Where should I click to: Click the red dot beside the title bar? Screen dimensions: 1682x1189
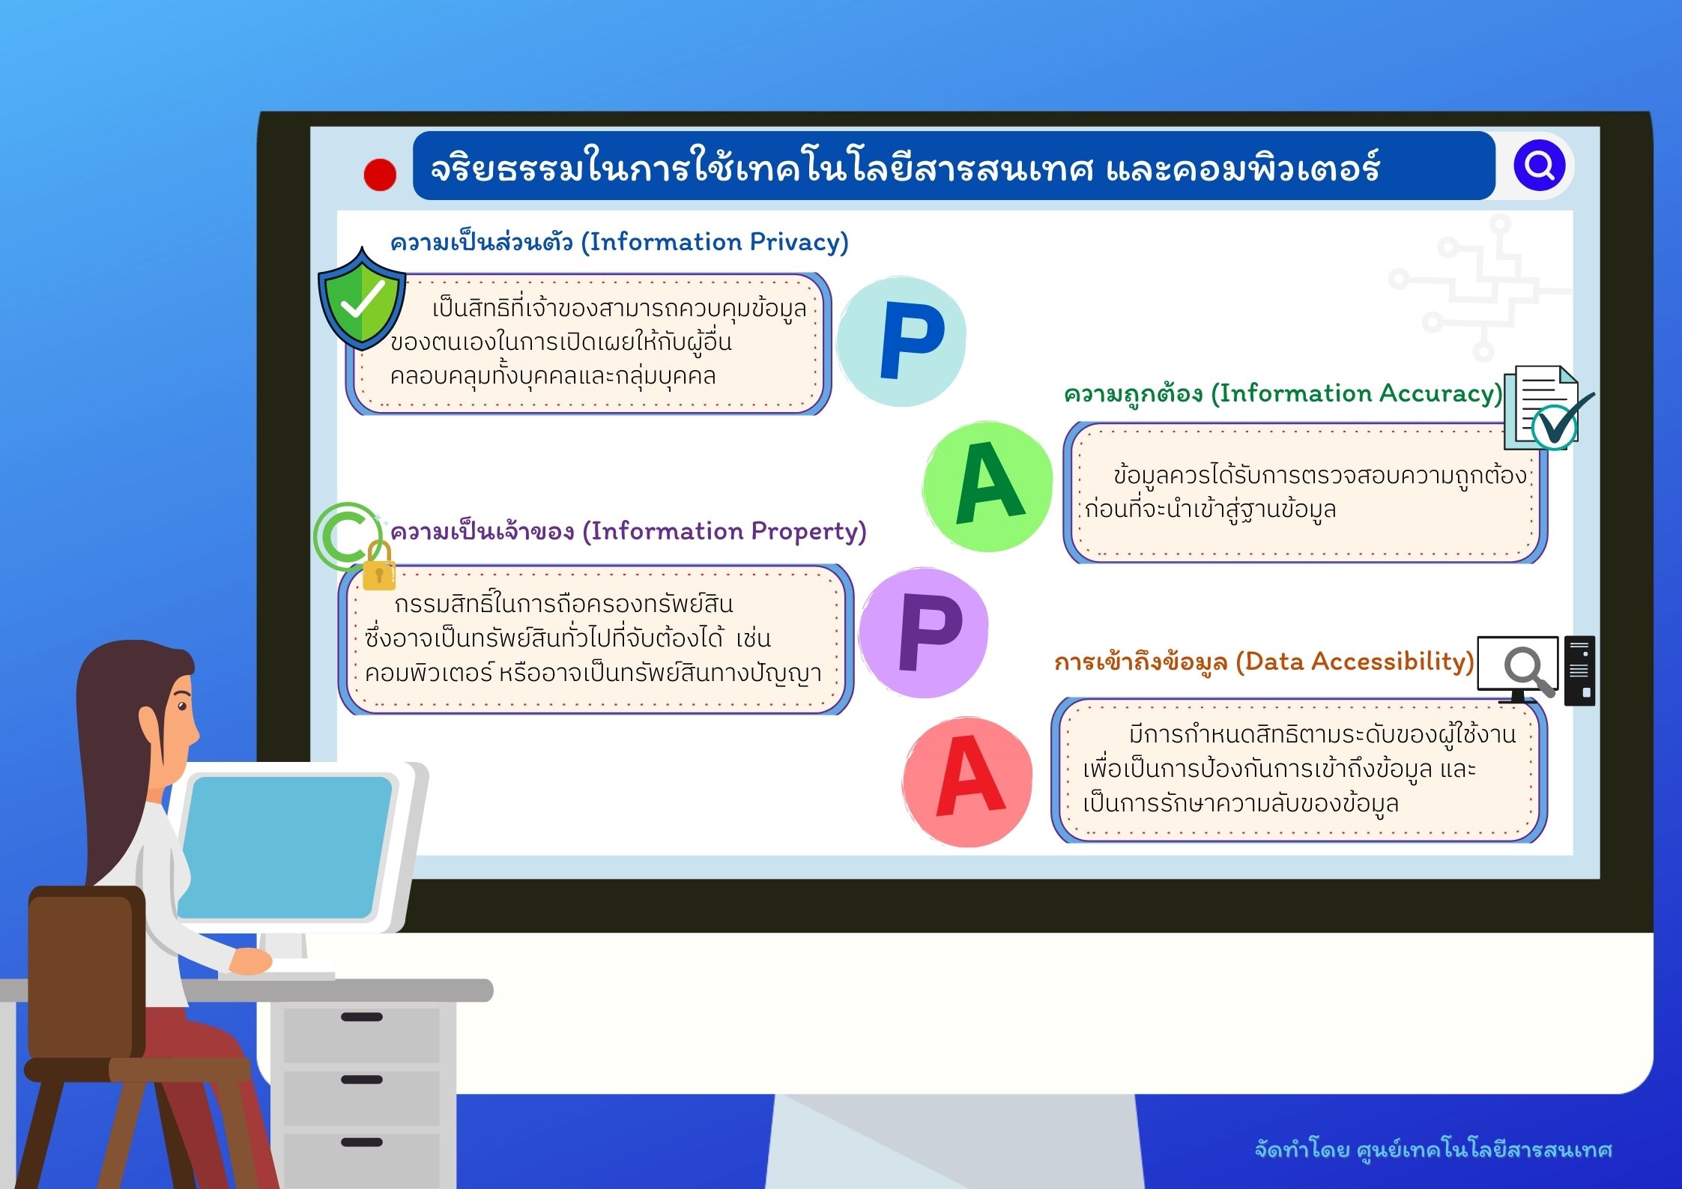click(x=380, y=175)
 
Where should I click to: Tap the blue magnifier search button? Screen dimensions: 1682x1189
click(x=1540, y=166)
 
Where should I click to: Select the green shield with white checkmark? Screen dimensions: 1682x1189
click(x=362, y=300)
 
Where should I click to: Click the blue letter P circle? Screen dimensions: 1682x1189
click(x=901, y=342)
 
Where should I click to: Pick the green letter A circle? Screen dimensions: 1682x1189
click(x=988, y=486)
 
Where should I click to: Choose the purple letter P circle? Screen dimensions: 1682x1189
click(x=924, y=633)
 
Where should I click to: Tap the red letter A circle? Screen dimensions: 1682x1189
click(x=968, y=781)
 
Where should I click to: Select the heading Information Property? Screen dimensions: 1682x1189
click(x=629, y=532)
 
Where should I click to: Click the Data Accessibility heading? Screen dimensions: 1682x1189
click(x=1264, y=662)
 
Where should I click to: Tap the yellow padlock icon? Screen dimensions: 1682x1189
click(x=378, y=567)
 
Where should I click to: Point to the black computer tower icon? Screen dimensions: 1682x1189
click(x=1579, y=671)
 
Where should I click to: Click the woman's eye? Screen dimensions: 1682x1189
click(x=181, y=705)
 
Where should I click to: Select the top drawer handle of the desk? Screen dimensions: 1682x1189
click(x=362, y=1017)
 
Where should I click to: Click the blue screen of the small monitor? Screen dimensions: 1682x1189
click(x=285, y=847)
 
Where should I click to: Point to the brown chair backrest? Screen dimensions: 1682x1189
click(x=86, y=972)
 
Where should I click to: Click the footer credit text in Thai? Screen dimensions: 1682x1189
click(x=1433, y=1149)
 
